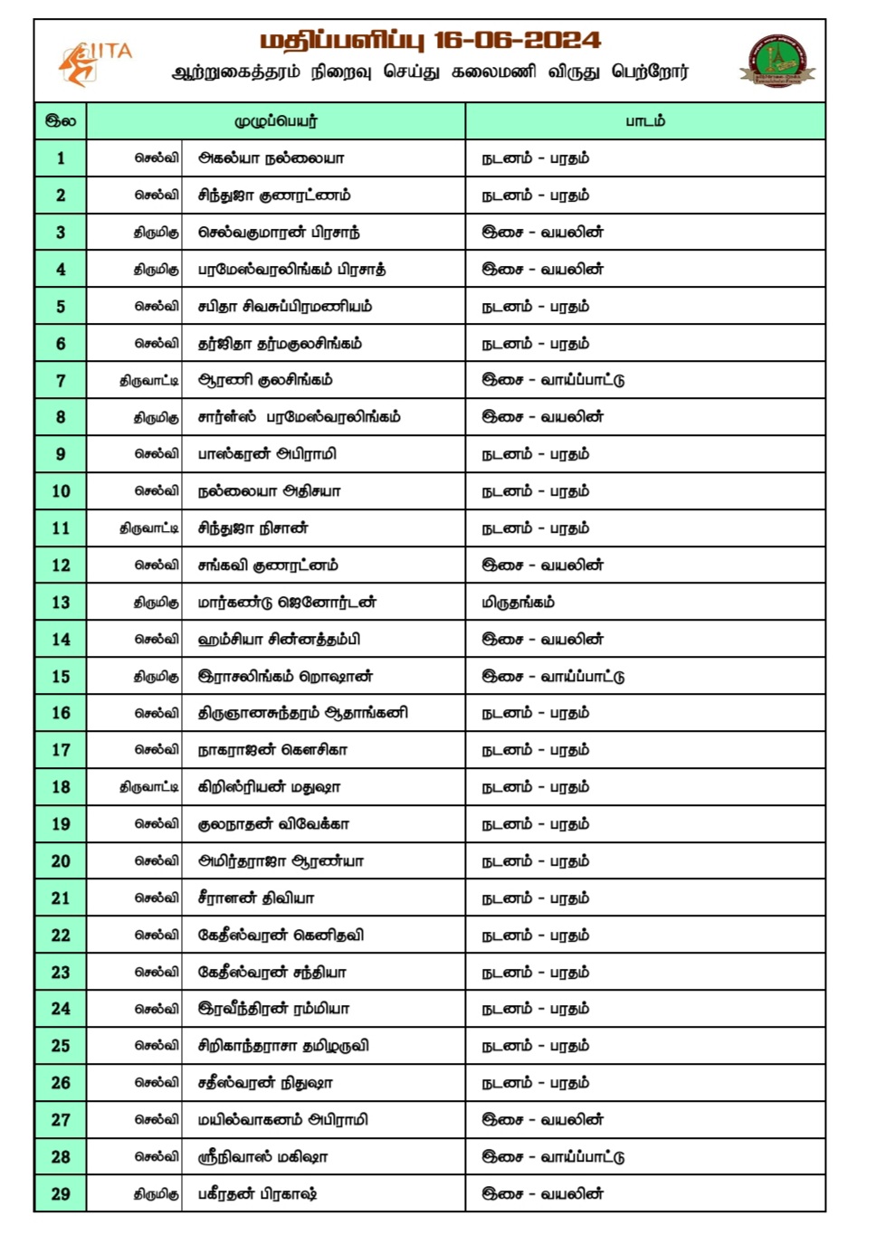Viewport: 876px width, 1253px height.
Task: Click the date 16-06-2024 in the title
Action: [517, 40]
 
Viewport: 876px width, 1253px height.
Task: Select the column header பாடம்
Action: [645, 121]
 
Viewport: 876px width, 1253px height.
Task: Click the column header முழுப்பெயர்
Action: [276, 121]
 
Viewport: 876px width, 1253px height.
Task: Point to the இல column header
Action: [61, 121]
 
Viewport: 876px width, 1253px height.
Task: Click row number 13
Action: [61, 603]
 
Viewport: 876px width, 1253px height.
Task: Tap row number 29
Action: [61, 1194]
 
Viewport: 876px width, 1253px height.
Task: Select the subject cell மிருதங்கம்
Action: [518, 603]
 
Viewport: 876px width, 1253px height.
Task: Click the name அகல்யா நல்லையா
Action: [271, 158]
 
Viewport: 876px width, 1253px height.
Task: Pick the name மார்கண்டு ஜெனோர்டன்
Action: [287, 603]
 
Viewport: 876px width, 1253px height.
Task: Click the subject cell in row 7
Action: [553, 380]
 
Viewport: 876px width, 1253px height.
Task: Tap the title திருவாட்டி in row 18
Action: [149, 787]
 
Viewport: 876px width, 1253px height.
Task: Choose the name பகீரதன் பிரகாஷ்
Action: [257, 1194]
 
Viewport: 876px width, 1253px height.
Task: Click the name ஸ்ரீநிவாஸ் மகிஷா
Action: [262, 1157]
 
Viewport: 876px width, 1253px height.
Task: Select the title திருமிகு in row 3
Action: [157, 233]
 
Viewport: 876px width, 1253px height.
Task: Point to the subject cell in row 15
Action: [553, 677]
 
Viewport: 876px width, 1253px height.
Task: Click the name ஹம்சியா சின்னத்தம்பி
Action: [279, 640]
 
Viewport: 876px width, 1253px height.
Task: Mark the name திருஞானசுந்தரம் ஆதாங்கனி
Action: [302, 713]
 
